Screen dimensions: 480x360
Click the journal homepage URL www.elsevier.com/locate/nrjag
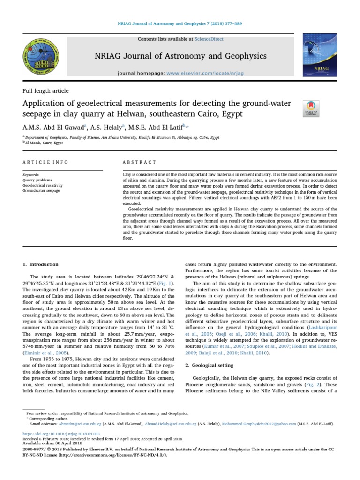click(x=198, y=74)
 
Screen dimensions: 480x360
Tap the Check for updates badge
click(x=311, y=108)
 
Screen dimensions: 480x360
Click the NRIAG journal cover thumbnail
click(x=320, y=55)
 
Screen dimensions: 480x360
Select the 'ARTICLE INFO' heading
click(x=45, y=162)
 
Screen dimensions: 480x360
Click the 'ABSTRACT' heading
click(x=139, y=162)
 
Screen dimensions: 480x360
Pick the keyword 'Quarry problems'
click(x=37, y=180)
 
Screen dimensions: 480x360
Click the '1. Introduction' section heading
click(x=41, y=264)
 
